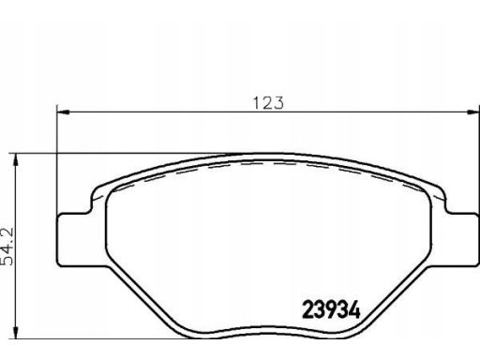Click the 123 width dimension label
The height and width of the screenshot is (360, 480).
268,103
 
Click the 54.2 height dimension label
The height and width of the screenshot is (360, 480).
7,247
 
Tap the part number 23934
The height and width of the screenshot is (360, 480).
331,309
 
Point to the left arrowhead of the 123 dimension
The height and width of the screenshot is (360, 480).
64,112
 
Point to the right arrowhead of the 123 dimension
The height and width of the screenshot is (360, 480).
472,112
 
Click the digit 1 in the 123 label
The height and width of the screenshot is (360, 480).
257,103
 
